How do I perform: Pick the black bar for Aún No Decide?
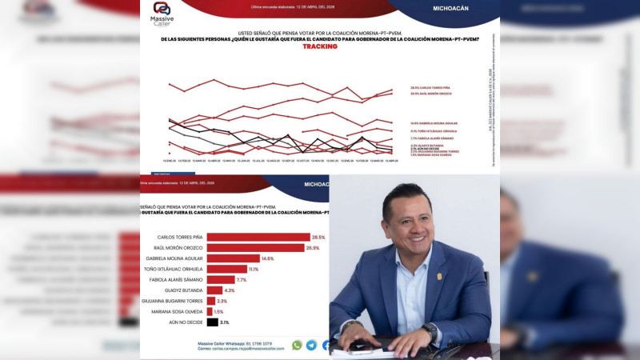(212, 322)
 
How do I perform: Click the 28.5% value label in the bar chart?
(319, 237)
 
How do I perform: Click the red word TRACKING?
(320, 46)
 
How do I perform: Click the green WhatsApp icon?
(297, 345)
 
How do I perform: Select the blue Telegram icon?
(311, 345)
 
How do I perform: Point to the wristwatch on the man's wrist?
(431, 328)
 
